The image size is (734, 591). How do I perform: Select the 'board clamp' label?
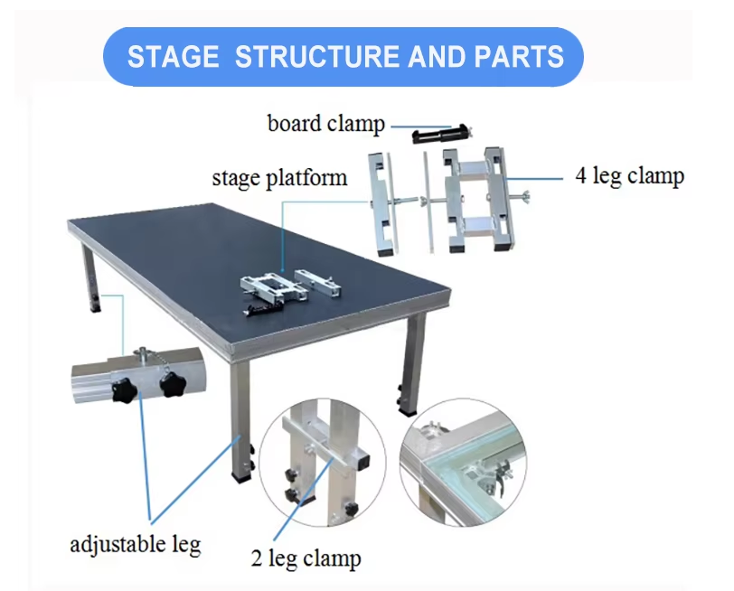[325, 123]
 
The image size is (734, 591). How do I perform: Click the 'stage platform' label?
[279, 176]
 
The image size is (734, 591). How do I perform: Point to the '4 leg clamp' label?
[629, 175]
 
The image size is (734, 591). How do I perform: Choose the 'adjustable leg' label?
[135, 544]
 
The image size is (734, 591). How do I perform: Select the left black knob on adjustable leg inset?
[123, 391]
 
